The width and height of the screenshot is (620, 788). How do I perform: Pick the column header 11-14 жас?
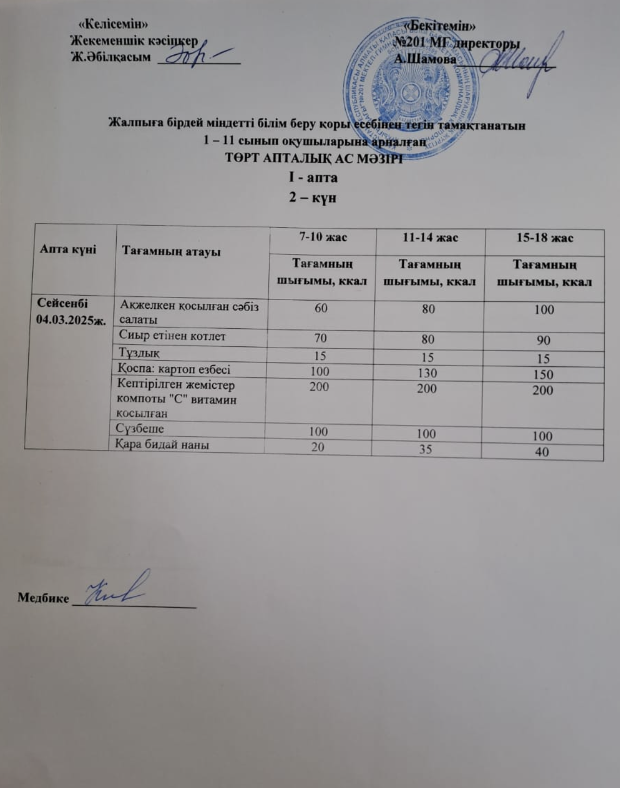click(x=430, y=238)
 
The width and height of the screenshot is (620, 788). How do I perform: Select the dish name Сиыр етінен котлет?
click(x=172, y=336)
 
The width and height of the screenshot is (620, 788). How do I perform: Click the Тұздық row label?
click(x=139, y=353)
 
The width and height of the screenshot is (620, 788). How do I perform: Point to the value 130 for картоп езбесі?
click(x=428, y=373)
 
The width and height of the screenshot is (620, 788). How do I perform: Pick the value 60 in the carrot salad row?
click(x=321, y=308)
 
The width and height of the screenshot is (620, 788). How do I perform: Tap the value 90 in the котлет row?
click(x=543, y=340)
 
